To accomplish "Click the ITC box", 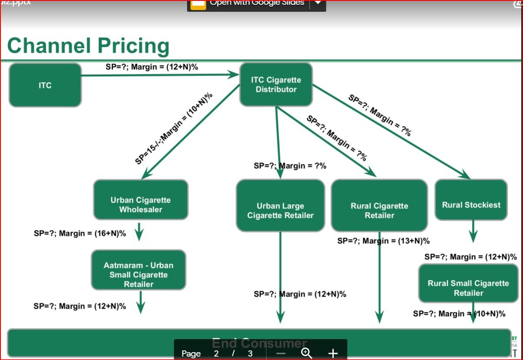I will tap(45, 85).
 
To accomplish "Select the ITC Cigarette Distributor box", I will tap(276, 84).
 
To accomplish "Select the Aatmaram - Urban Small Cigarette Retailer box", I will tap(138, 270).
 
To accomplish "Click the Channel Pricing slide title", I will tap(88, 46).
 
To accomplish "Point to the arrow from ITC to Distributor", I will tap(161, 75).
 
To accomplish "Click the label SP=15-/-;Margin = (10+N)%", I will tap(174, 128).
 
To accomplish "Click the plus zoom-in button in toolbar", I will tap(333, 353).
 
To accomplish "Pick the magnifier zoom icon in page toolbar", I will tap(307, 353).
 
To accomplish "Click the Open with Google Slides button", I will tap(257, 3).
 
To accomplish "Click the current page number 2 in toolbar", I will tap(216, 353).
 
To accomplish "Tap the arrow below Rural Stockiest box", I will tap(473, 231).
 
